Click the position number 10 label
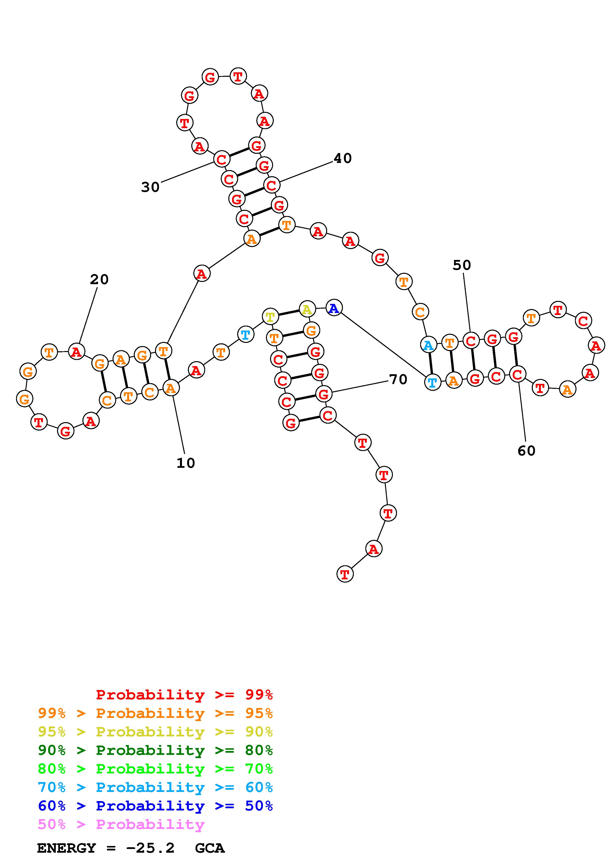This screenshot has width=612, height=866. pos(185,463)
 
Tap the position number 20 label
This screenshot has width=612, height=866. pos(99,279)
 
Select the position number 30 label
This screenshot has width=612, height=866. pos(150,187)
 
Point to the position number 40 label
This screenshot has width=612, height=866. pos(342,158)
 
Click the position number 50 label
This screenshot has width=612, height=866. pos(462,265)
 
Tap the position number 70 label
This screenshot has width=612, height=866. pos(398,379)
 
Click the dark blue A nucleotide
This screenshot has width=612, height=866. pos(334,308)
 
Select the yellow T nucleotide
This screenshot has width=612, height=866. pos(270,316)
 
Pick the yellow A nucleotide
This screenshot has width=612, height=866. pos(307,310)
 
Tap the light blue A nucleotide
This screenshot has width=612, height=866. pos(428,345)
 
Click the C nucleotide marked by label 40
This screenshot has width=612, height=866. pos(271,185)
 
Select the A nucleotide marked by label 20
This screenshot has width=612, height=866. pos(77,352)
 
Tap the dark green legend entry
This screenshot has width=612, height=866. pos(155,750)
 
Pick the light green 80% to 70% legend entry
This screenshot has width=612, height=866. pos(155,769)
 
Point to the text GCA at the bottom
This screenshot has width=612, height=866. pos(210,848)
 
